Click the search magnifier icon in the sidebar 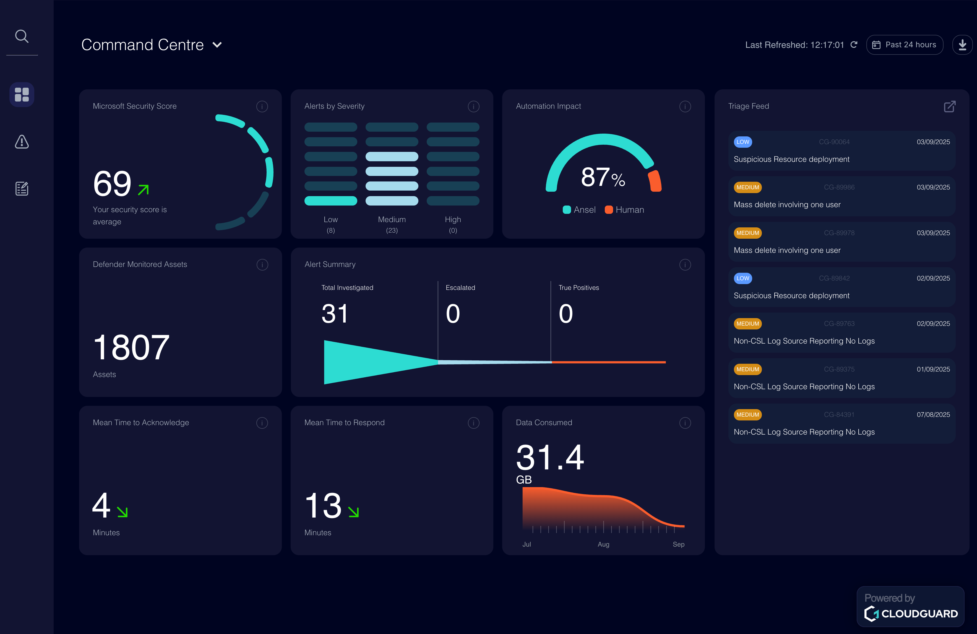[x=22, y=37]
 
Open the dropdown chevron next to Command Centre [x=217, y=45]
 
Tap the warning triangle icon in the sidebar [x=22, y=142]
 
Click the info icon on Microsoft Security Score [x=262, y=106]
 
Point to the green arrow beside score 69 [x=143, y=190]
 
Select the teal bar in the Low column [x=330, y=201]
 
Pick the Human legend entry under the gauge [x=624, y=210]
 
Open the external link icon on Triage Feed [x=950, y=106]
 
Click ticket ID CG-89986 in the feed [x=839, y=187]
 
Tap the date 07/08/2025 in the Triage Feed [x=933, y=415]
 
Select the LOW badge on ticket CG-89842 [x=742, y=278]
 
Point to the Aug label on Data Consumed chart [x=603, y=544]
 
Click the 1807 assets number [x=131, y=347]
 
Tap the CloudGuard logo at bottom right [x=911, y=614]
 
